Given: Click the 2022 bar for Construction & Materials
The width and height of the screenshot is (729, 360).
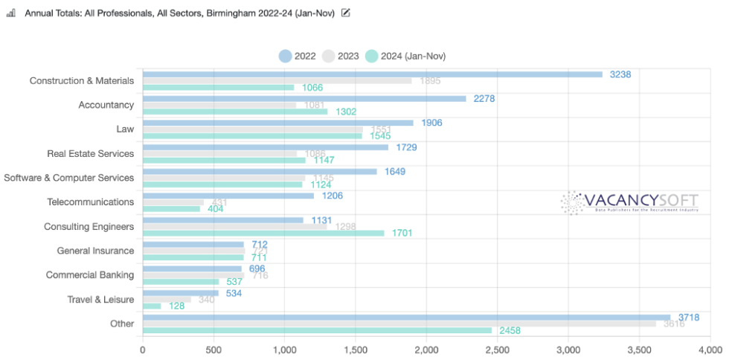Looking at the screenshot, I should (x=372, y=74).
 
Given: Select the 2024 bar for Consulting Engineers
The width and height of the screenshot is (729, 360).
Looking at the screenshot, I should (x=263, y=233).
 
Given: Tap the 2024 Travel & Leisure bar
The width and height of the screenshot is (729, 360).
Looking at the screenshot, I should (x=152, y=306).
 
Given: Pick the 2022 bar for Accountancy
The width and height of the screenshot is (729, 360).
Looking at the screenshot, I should (x=304, y=98).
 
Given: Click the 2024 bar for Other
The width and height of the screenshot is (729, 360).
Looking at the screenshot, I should (x=317, y=330).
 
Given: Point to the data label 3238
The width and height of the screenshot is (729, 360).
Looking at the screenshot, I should (x=620, y=74).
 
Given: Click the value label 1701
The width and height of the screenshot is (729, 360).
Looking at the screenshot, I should (x=402, y=233).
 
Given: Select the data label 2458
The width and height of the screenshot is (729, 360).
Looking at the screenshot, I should (x=510, y=330).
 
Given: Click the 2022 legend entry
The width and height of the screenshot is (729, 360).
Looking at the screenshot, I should (x=298, y=56).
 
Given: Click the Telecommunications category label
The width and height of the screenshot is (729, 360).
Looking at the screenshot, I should (x=90, y=202).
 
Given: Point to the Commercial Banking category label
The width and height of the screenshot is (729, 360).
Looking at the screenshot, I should (x=89, y=274).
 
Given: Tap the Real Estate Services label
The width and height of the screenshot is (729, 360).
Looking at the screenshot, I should (x=90, y=153).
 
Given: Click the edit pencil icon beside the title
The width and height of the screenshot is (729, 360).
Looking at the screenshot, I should (x=345, y=13).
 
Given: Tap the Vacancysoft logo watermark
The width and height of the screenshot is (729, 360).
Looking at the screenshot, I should (x=629, y=202).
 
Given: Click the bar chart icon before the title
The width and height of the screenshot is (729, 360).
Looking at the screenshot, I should (x=11, y=13).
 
